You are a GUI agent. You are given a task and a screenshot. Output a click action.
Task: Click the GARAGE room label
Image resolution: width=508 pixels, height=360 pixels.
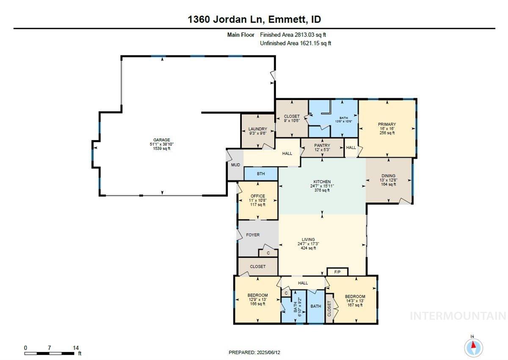[162, 140]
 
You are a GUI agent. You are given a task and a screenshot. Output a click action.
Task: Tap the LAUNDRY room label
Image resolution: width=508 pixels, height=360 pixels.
[257, 129]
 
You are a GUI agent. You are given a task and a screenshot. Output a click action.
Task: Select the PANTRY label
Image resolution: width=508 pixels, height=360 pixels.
[322, 145]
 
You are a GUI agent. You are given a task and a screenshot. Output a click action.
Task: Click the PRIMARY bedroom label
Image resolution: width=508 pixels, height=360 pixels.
[387, 124]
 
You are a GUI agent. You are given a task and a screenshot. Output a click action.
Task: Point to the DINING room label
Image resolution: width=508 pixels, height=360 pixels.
[388, 176]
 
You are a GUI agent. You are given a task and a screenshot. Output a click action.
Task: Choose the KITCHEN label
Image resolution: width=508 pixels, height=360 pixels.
[322, 182]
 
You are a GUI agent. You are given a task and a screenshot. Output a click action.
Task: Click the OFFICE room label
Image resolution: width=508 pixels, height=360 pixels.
[257, 196]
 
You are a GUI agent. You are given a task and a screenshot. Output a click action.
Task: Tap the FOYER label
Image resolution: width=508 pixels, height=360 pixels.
[253, 235]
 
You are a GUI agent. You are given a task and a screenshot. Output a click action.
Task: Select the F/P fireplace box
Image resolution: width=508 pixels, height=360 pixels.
[337, 271]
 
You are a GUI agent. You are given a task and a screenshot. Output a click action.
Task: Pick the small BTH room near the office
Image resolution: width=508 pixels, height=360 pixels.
[261, 174]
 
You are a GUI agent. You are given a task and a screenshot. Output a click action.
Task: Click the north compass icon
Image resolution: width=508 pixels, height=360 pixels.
[473, 347]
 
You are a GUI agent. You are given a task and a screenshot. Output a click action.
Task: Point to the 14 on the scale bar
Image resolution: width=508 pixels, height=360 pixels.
[76, 348]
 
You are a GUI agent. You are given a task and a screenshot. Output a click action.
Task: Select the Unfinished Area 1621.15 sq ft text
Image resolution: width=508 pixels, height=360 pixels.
[295, 43]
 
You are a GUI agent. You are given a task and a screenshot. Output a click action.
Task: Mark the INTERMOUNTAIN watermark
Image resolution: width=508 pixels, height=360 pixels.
[458, 316]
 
